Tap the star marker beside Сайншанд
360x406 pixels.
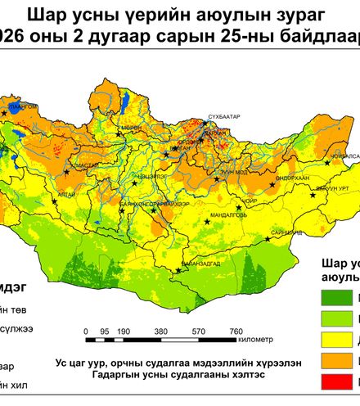[x=271, y=241]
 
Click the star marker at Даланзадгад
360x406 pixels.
[x=178, y=270]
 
